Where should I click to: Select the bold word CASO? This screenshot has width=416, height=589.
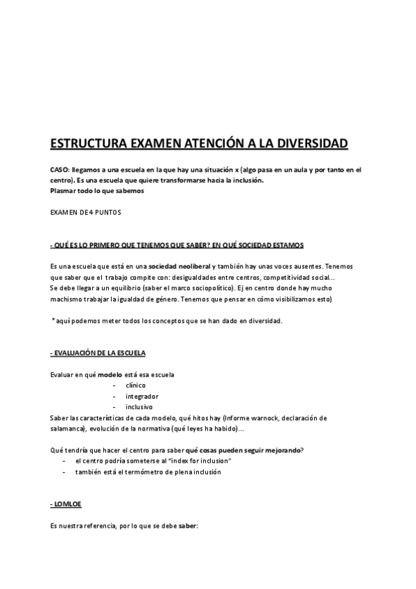60,169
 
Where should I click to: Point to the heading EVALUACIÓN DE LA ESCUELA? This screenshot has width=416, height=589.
98,354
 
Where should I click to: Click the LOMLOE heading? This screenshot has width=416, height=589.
67,504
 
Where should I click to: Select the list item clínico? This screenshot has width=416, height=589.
136,385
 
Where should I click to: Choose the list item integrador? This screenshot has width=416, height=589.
141,396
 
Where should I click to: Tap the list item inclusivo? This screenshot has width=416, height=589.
139,406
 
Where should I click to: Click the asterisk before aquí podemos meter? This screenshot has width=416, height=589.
53,320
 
